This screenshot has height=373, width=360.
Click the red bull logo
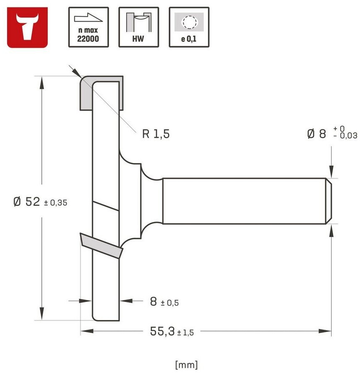coord(27,27)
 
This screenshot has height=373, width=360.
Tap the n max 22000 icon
coord(89,27)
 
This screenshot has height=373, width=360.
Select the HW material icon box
coord(139,27)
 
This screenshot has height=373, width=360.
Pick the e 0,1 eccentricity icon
coord(189,27)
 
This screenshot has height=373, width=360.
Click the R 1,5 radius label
coord(156,134)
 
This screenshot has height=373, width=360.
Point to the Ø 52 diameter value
coord(26,202)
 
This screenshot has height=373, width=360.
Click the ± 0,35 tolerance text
coord(56,203)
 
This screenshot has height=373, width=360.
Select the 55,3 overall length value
coord(162,331)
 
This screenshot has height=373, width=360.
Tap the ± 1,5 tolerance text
coord(185,332)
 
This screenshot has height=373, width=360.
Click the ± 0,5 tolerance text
coord(170,303)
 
